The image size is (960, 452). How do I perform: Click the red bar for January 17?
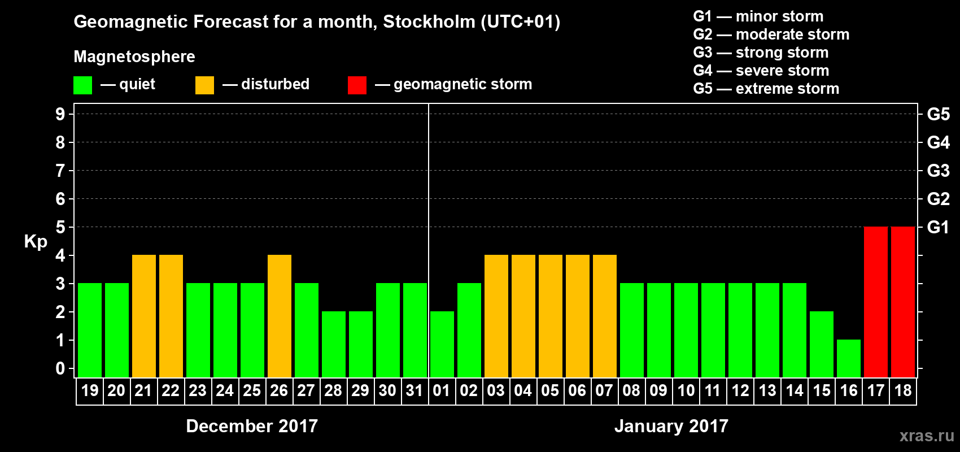876,302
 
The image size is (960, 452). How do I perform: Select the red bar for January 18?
903,302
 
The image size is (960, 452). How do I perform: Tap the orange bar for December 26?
280,316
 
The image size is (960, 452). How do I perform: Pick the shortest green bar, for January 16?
849,358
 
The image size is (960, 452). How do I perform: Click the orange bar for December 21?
144,316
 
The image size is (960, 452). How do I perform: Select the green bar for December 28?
334,344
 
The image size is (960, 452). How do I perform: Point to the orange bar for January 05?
551,316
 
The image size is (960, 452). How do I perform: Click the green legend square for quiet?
83,85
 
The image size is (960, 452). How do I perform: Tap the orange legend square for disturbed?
204,85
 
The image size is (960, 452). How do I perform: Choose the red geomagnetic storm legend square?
357,85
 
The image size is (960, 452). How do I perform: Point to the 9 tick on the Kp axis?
60,114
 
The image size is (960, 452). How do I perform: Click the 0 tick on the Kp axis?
60,368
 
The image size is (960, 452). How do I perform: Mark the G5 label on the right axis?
938,114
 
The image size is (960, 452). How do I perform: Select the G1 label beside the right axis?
938,227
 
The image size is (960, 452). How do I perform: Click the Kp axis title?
36,241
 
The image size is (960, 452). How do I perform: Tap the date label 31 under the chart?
414,390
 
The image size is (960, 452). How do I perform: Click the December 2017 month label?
252,426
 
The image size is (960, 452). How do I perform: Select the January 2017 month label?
671,426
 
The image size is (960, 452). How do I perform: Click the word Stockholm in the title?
429,21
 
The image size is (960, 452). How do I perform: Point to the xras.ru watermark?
926,436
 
